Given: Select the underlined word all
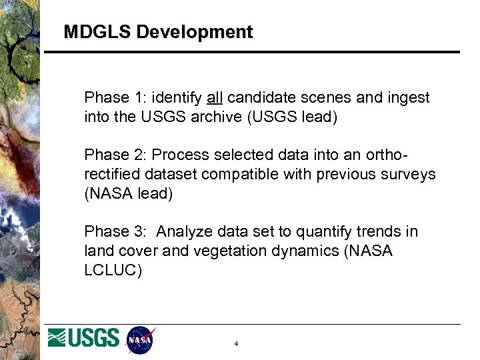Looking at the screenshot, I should coord(215,98).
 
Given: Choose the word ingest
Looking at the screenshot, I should coord(409,98).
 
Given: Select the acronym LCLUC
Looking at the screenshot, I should coord(113,271).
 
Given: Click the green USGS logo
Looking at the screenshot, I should coord(83,339).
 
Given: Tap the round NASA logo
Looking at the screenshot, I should coord(141,339).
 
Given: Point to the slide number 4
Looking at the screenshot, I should coord(237,344).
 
